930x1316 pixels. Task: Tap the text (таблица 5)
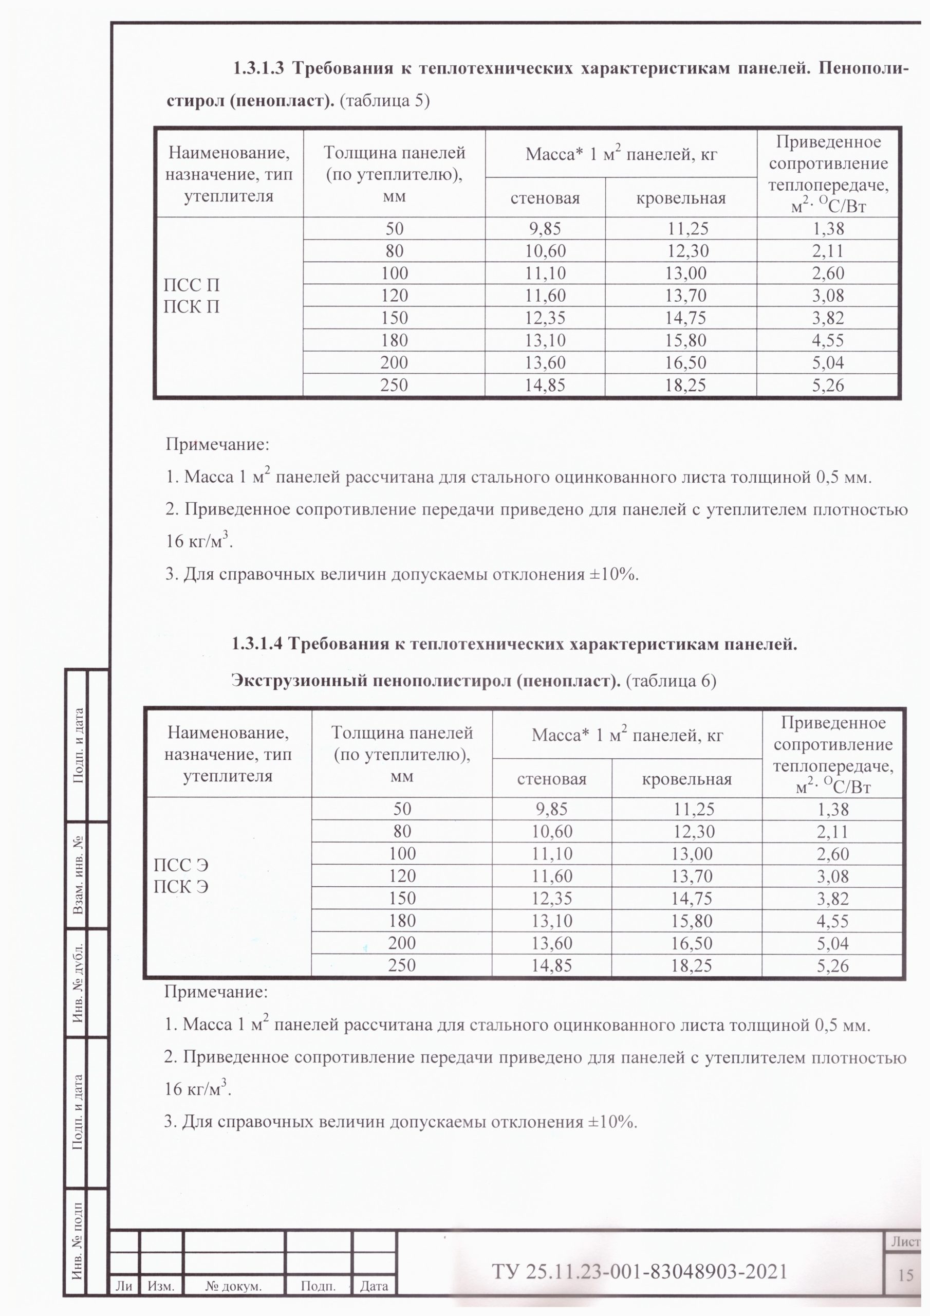384,101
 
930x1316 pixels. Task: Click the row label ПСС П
191,285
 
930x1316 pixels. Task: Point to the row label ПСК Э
180,887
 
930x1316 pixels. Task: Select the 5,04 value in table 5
828,362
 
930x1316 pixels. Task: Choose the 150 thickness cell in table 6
402,898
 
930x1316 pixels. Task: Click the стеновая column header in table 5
545,198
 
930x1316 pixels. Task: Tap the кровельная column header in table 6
686,779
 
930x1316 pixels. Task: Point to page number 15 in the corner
905,1275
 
